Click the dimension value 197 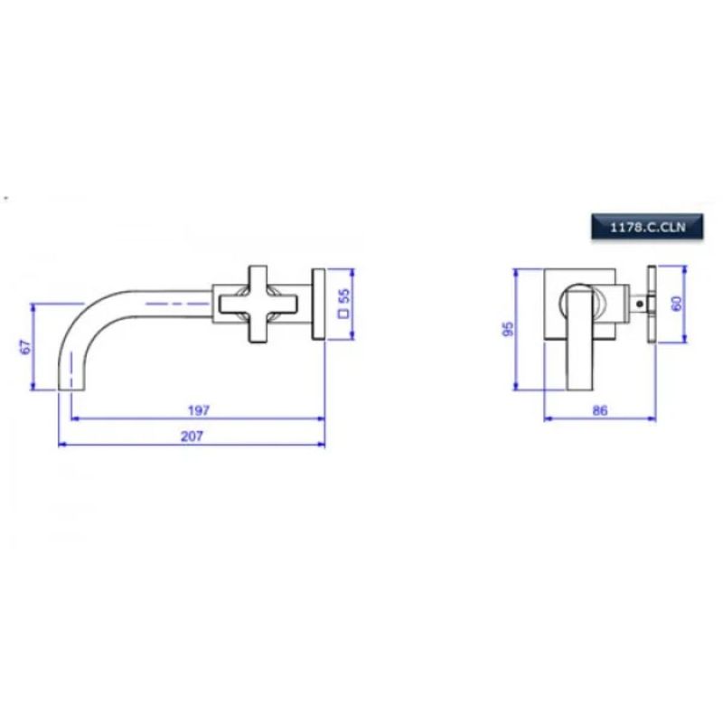point(199,410)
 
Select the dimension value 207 point(192,436)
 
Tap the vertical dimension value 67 point(26,347)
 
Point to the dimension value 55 point(344,296)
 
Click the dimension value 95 point(507,329)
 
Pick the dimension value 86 point(599,410)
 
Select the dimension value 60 point(677,304)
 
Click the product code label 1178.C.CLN point(647,227)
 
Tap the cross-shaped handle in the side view point(258,305)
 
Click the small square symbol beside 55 point(344,314)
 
